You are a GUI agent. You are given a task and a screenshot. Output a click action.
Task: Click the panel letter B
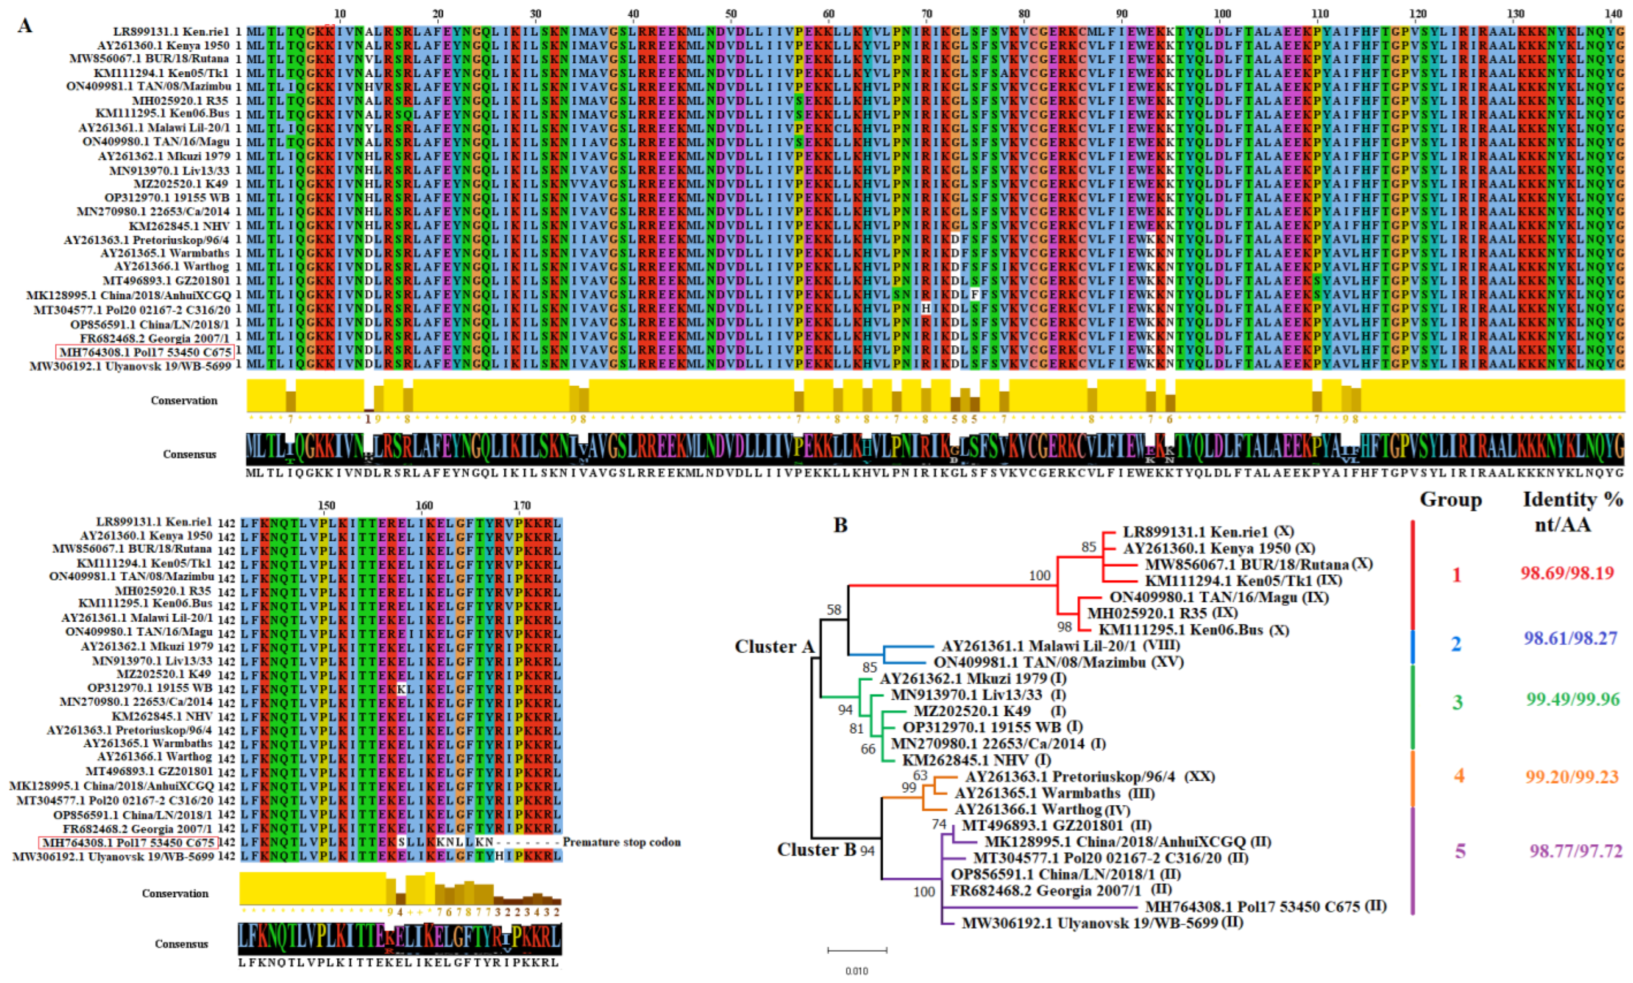point(840,525)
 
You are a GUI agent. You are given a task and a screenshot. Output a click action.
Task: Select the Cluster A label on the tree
point(774,647)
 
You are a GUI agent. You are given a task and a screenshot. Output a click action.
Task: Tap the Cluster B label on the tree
point(816,849)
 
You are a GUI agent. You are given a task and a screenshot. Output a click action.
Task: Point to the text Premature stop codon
point(622,842)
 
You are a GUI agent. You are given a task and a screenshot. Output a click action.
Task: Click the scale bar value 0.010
point(857,971)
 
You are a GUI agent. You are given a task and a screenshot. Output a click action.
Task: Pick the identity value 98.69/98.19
point(1567,573)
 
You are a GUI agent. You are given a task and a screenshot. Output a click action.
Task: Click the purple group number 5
point(1459,851)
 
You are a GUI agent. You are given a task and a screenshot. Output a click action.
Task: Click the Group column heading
point(1450,500)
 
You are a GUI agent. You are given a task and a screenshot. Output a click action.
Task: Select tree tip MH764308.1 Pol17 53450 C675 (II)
point(1265,906)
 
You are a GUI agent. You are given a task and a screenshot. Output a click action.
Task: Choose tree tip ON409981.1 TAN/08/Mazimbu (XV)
point(1058,662)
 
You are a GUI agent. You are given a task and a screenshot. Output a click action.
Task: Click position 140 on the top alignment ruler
point(1614,13)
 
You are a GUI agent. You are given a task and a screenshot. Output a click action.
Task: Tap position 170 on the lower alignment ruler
point(521,505)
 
